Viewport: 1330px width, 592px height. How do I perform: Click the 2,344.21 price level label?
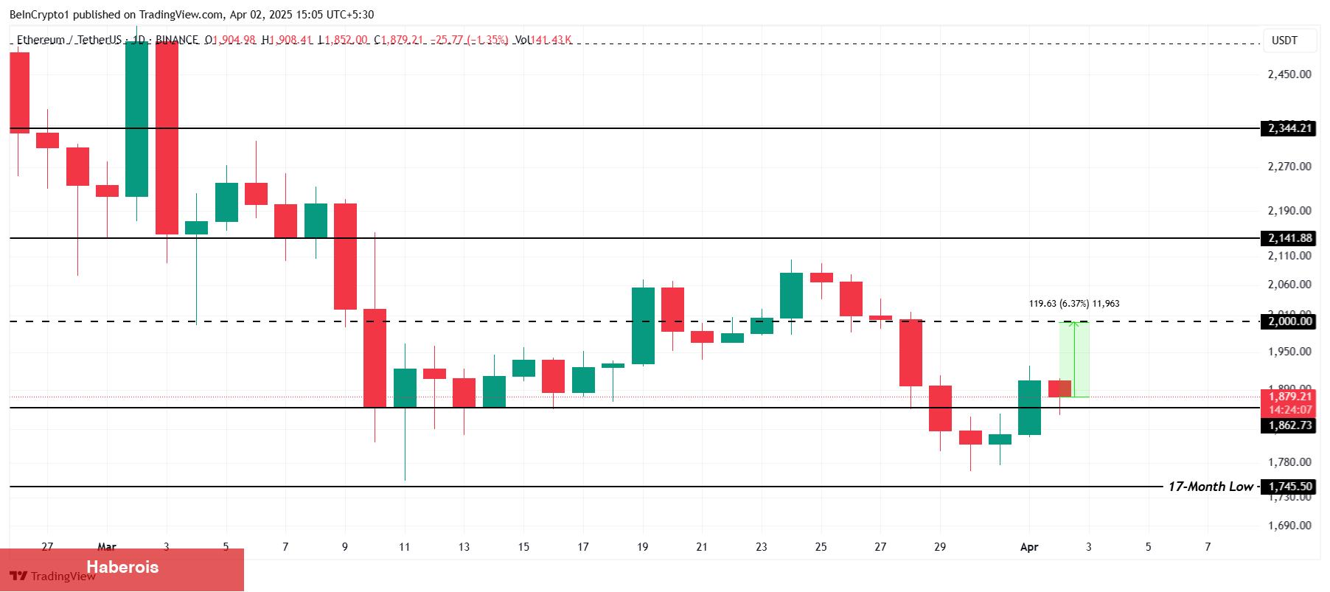point(1289,128)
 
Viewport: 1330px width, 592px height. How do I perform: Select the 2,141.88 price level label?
point(1289,238)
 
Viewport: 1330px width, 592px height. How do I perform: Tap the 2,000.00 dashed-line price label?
point(1289,321)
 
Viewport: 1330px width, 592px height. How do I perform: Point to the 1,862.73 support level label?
point(1289,425)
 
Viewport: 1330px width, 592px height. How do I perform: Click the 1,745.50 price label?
point(1289,487)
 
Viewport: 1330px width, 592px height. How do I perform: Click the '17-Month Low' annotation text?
point(1210,487)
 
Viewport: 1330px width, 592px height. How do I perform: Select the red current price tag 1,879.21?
point(1289,397)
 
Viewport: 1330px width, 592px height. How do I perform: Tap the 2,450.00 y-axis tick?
point(1289,74)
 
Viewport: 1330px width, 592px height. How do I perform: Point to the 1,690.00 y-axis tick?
point(1289,526)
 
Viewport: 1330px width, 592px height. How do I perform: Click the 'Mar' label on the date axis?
point(107,547)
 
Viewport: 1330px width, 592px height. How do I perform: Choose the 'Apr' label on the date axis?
point(1029,547)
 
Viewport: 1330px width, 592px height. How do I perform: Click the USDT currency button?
point(1284,41)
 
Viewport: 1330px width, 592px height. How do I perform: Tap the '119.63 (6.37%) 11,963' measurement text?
point(1073,304)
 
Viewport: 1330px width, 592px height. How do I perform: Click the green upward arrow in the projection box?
point(1075,359)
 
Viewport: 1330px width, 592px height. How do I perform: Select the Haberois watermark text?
point(122,567)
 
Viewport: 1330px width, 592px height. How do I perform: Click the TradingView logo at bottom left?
point(52,577)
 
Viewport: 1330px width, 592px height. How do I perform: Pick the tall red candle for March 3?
point(167,138)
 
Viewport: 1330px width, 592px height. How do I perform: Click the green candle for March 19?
point(643,326)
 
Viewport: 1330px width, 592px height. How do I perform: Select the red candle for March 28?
point(911,352)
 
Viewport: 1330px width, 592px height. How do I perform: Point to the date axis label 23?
point(761,547)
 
